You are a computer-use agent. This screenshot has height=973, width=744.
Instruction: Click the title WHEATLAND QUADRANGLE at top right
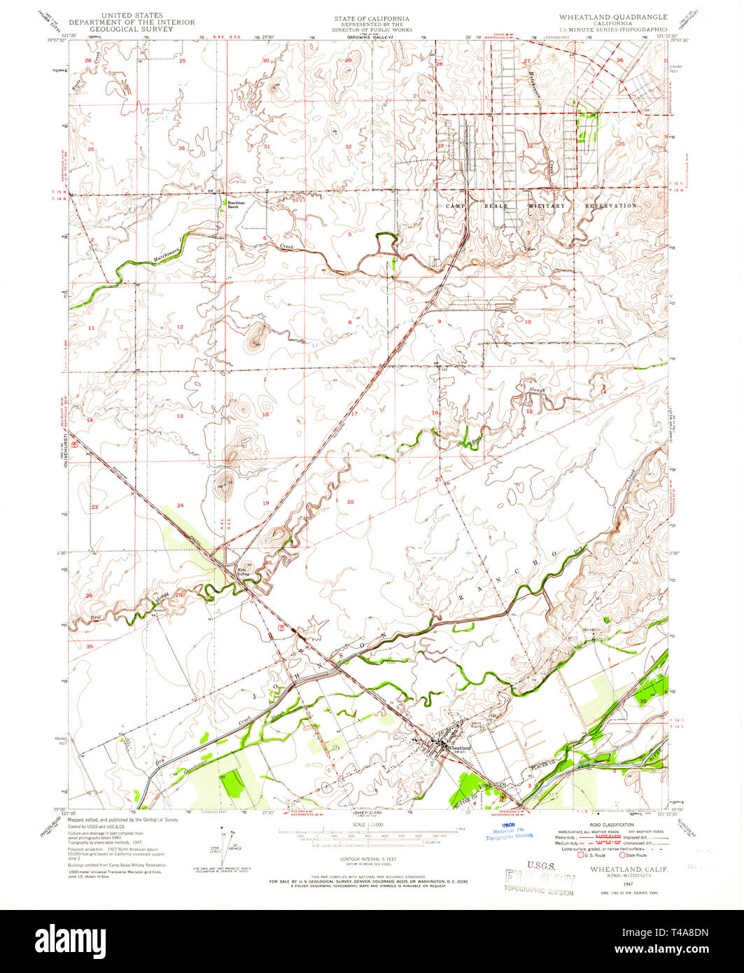coord(612,15)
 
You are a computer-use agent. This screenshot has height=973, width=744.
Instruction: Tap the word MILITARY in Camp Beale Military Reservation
coord(546,206)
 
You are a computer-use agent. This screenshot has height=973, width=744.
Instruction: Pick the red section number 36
coord(181,148)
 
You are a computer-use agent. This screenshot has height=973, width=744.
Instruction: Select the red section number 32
coord(348,146)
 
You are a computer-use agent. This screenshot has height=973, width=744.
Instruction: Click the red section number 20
coord(350,502)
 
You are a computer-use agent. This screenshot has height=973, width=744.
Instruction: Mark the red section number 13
coord(180,416)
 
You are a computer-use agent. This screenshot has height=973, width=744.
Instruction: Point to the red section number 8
coord(349,322)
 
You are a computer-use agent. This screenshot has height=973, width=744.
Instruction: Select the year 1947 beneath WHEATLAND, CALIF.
coord(616,878)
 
